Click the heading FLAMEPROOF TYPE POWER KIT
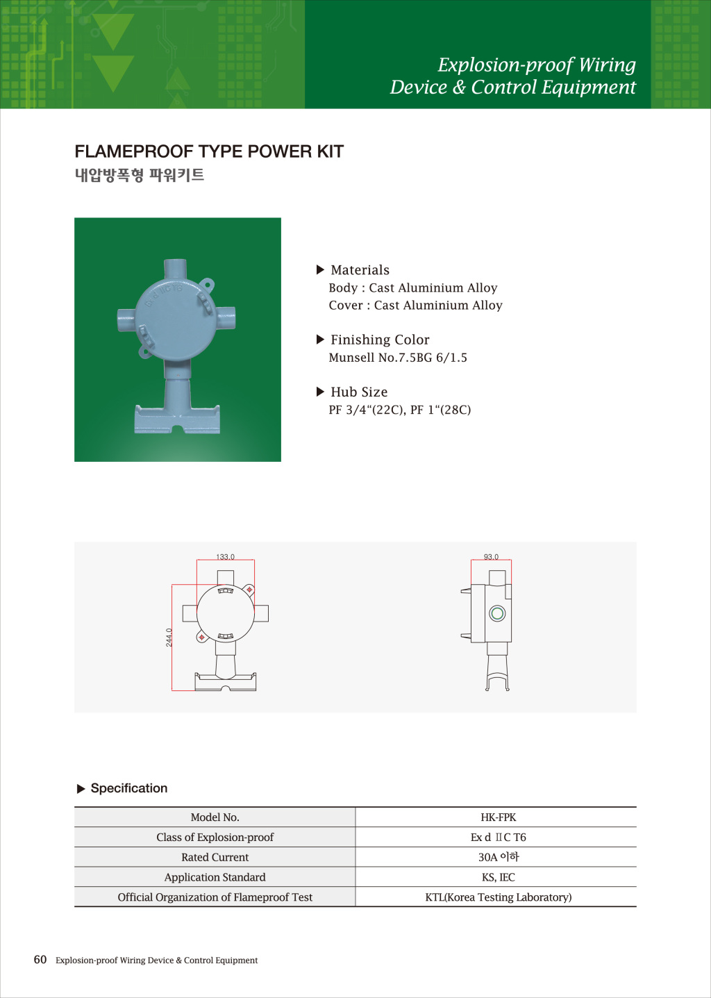[x=209, y=151]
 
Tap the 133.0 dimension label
[x=225, y=557]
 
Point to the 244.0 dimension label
[x=169, y=638]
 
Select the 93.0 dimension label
[x=491, y=557]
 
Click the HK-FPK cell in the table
[x=498, y=817]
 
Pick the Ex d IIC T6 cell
[x=498, y=838]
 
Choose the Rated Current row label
[x=215, y=858]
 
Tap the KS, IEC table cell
[x=498, y=877]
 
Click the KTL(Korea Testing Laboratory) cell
[x=498, y=897]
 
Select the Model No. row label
[x=215, y=817]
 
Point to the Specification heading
[x=128, y=788]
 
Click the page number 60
[x=40, y=960]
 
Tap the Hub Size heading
[x=359, y=392]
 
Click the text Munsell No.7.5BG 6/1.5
[x=398, y=358]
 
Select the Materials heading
[x=360, y=270]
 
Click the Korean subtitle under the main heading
[x=140, y=175]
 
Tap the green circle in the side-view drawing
[x=497, y=613]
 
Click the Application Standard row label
[x=215, y=877]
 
